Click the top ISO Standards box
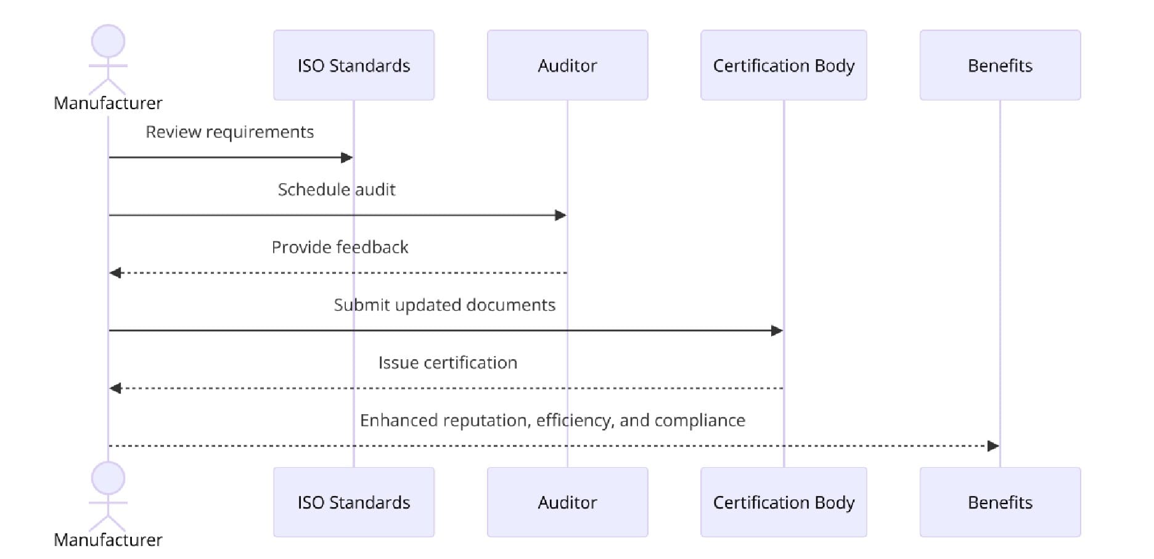354,65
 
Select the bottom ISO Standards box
354,502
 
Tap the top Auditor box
567,65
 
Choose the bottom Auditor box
567,502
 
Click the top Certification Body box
784,65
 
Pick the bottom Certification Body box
784,502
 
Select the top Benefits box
1000,65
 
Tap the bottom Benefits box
1000,502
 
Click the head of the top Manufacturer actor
108,41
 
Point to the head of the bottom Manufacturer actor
108,478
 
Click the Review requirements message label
229,132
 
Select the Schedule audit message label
337,190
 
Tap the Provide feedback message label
340,247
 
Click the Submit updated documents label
444,305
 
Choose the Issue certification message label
448,362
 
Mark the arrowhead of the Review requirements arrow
347,158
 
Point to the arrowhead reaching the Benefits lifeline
993,446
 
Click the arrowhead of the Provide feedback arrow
115,273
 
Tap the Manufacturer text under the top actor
108,103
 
